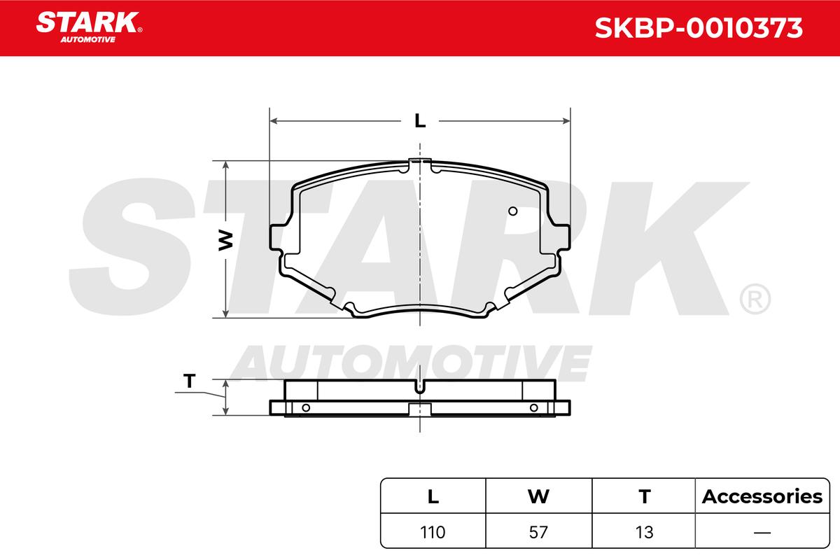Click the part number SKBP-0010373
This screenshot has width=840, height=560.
(699, 28)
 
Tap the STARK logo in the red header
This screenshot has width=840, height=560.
(89, 27)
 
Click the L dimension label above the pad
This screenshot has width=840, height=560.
(420, 121)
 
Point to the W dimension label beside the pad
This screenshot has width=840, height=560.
(225, 240)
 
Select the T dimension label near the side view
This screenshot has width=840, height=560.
(190, 381)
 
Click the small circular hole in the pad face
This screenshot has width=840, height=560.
(512, 211)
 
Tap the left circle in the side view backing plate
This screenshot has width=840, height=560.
(306, 407)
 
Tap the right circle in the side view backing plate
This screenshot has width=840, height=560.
(534, 407)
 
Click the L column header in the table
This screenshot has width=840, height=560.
(433, 496)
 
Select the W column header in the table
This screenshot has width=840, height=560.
(538, 496)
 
